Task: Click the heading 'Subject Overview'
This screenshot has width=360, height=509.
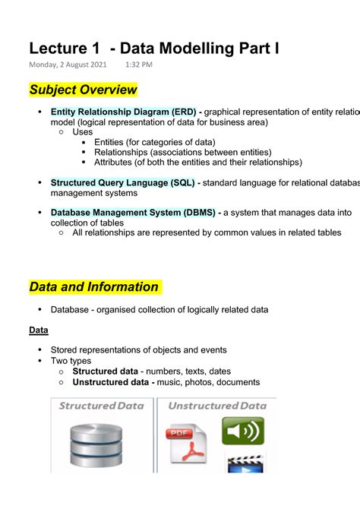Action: (83, 90)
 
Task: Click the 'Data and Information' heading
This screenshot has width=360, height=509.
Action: (94, 287)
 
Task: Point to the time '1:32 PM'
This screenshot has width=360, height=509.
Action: (139, 65)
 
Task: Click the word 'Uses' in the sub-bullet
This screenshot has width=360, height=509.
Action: (83, 131)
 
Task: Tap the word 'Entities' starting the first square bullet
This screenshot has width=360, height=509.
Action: (111, 142)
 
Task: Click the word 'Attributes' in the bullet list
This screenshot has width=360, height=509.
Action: (116, 162)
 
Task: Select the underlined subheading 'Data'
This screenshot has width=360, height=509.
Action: (39, 330)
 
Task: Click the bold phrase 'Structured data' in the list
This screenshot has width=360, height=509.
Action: (106, 371)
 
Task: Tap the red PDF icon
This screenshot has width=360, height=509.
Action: (186, 446)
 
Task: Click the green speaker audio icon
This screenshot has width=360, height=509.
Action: (243, 432)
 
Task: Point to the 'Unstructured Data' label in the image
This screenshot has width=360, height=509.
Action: (217, 406)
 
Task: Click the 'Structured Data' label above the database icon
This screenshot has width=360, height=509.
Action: (101, 406)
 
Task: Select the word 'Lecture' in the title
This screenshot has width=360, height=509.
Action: (62, 48)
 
